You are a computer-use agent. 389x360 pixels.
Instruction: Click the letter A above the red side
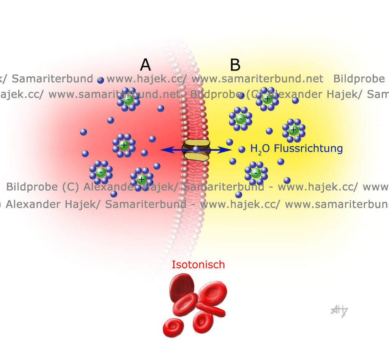(x=145, y=65)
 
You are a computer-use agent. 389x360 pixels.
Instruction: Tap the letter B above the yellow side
(x=235, y=65)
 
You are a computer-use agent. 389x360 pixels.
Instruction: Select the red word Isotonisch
(x=198, y=264)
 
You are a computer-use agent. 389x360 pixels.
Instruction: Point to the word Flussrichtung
(x=308, y=148)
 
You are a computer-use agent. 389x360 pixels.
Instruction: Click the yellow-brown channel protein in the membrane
(x=196, y=149)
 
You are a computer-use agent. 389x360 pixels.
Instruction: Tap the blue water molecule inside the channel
(x=196, y=149)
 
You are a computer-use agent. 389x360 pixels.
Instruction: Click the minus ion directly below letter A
(x=128, y=99)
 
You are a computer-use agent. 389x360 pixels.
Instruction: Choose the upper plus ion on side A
(x=124, y=145)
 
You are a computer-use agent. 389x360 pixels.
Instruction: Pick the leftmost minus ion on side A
(x=101, y=172)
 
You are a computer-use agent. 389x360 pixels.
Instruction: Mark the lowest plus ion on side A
(x=142, y=179)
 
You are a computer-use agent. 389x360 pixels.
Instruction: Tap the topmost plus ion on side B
(x=267, y=99)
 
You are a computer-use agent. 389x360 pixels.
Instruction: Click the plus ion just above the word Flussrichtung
(x=293, y=130)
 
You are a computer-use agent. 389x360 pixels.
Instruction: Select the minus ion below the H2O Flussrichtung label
(x=256, y=173)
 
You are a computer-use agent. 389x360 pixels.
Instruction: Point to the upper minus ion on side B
(x=240, y=119)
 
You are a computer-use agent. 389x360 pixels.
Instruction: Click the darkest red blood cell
(x=181, y=285)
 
